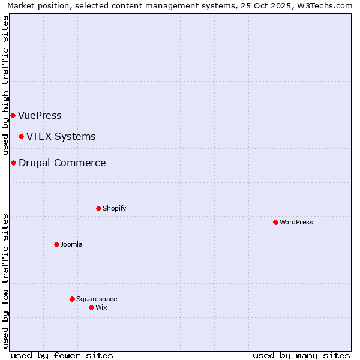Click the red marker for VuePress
click(x=13, y=115)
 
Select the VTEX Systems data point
click(x=21, y=136)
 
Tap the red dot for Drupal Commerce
click(x=13, y=163)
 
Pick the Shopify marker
click(x=98, y=208)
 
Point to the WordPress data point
click(x=275, y=222)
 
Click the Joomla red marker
click(x=56, y=244)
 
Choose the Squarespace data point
click(x=72, y=299)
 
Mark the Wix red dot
click(x=91, y=307)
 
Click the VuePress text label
click(x=40, y=115)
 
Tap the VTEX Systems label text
click(x=61, y=136)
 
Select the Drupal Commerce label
click(x=62, y=163)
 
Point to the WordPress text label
click(x=296, y=222)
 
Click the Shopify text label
click(x=115, y=208)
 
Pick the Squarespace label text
click(x=97, y=299)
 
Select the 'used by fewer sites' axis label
click(x=62, y=355)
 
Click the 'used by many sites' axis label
click(x=301, y=355)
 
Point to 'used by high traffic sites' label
click(x=5, y=85)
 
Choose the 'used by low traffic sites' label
click(x=5, y=281)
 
